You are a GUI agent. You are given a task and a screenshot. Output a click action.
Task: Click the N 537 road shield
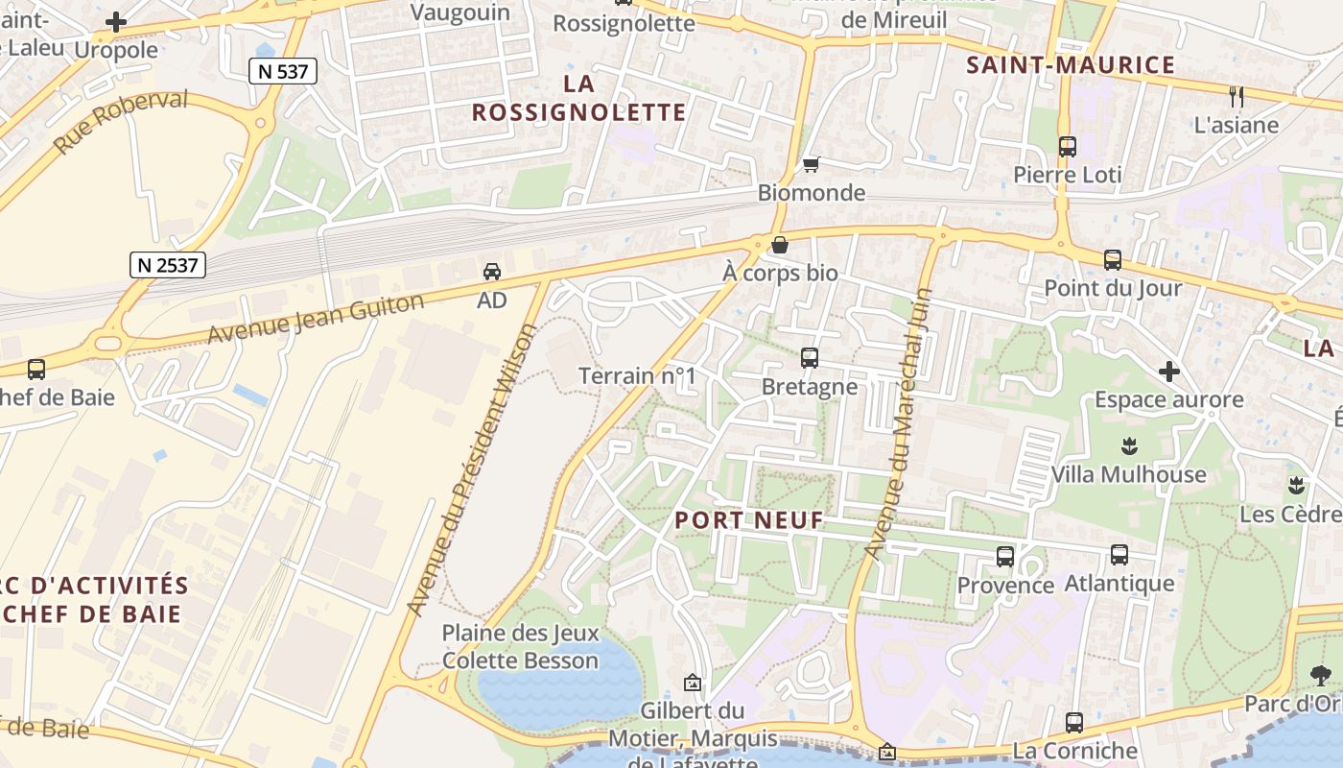tap(282, 70)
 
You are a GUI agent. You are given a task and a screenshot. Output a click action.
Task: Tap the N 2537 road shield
tap(168, 264)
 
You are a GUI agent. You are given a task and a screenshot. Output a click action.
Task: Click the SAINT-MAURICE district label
tap(1070, 65)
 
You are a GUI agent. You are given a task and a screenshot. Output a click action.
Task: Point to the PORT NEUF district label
tap(749, 520)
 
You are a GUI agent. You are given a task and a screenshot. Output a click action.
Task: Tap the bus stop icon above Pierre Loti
tap(1067, 147)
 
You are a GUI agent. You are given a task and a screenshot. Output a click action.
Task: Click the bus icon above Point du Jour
tap(1112, 259)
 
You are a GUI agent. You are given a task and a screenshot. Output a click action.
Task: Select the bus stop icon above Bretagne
tap(809, 358)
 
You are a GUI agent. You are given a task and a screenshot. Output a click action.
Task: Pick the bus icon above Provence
tap(1004, 557)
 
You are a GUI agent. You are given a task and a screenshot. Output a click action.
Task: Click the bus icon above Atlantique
tap(1119, 555)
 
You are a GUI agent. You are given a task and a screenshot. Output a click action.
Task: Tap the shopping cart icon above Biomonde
tap(811, 164)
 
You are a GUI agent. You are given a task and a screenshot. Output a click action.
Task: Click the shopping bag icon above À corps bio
tap(780, 245)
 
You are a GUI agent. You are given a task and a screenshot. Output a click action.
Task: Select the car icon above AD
tap(491, 272)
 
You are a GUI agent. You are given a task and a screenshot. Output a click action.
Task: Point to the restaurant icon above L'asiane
tap(1236, 96)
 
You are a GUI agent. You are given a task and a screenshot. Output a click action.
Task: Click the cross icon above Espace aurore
tap(1168, 371)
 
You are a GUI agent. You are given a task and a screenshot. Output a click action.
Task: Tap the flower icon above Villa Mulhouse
tap(1128, 445)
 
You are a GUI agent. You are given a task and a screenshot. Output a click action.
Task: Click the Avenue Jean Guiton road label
tap(316, 320)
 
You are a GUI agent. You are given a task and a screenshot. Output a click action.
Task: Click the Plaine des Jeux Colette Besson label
tap(520, 646)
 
